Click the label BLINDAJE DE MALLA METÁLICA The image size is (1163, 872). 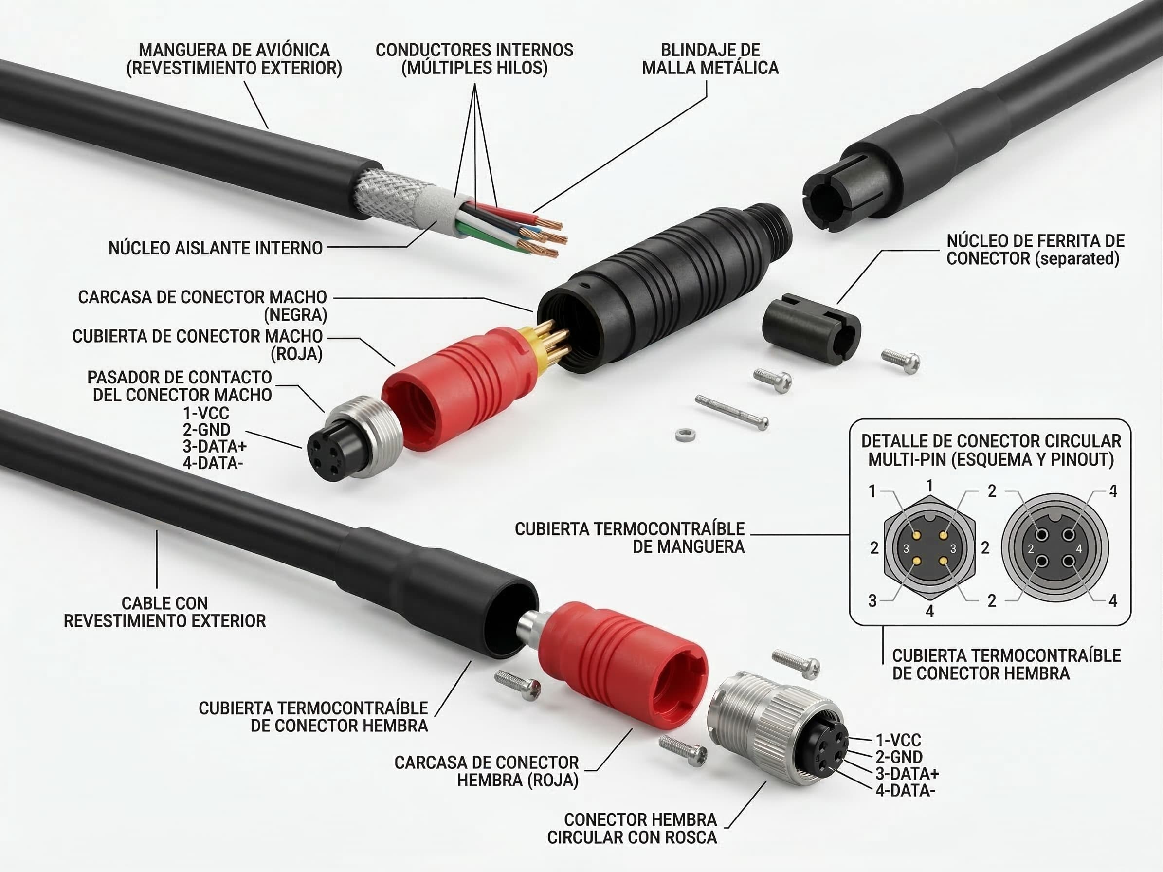[x=710, y=59]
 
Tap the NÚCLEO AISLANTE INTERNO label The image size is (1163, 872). [x=216, y=248]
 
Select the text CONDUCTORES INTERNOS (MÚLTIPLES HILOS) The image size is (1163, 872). [x=474, y=59]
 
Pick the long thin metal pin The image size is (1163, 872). [x=731, y=412]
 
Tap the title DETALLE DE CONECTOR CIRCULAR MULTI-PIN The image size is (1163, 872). [x=991, y=450]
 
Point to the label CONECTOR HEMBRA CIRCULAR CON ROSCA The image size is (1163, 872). [x=632, y=828]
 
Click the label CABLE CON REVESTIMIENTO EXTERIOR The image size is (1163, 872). [x=164, y=612]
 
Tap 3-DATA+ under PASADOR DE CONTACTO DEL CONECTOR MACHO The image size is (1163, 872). [x=215, y=446]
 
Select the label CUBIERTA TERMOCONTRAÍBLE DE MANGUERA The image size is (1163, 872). [x=629, y=538]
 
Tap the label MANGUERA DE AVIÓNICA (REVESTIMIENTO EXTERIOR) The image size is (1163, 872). [x=234, y=59]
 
